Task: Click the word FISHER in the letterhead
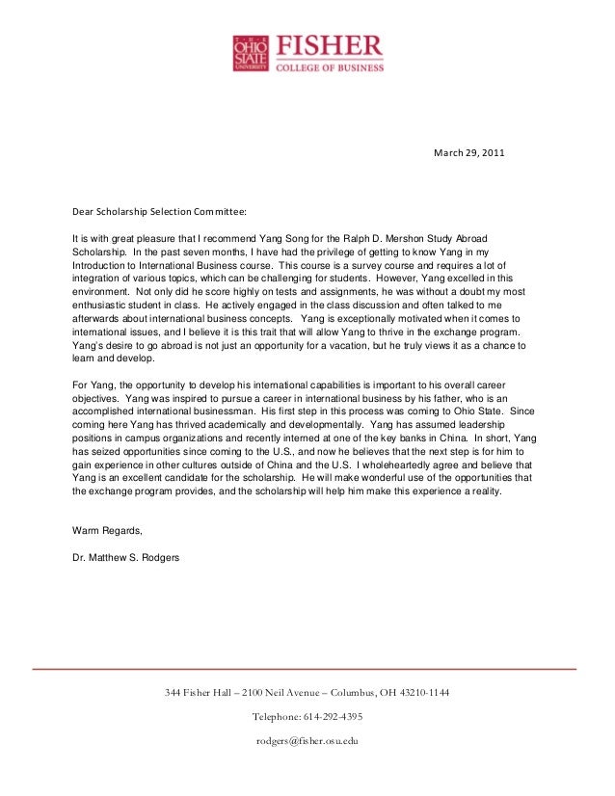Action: click(x=330, y=45)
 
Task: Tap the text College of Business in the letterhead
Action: click(x=330, y=67)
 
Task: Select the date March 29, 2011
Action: click(x=468, y=153)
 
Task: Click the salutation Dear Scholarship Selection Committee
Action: click(x=160, y=210)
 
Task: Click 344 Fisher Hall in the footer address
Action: click(x=199, y=693)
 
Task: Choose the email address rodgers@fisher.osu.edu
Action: click(x=307, y=740)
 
